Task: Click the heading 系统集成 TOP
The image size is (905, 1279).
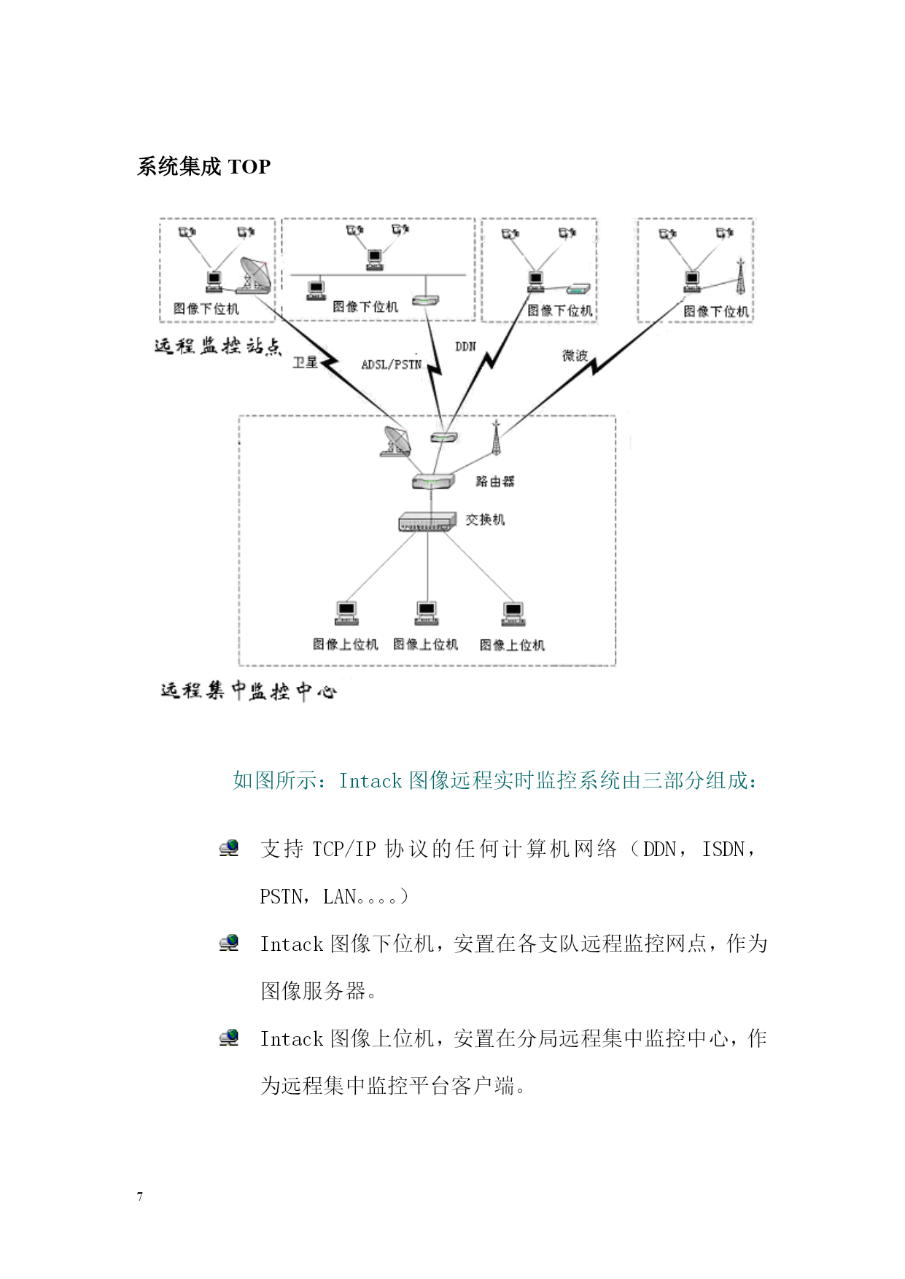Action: pos(203,167)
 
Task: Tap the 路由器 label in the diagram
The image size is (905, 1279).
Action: pos(495,481)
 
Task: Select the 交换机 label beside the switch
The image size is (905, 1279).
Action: pos(485,519)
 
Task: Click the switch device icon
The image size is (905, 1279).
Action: pos(427,521)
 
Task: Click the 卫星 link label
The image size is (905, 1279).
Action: pos(305,362)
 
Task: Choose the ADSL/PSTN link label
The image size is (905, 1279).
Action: pos(392,364)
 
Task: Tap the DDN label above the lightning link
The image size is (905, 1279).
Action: pos(465,346)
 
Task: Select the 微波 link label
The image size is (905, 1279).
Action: pos(575,355)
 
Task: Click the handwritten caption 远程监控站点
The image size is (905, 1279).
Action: pos(217,346)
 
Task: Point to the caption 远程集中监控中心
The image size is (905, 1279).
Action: pos(248,691)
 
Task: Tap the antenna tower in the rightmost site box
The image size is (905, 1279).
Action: pos(740,276)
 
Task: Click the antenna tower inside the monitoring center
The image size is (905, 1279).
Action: pos(496,436)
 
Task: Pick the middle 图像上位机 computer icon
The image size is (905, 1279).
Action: pos(426,613)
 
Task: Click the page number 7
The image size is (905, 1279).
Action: pos(140,1197)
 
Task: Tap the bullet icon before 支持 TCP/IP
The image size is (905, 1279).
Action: pos(229,848)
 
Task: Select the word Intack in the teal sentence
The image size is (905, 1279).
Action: pos(370,781)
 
